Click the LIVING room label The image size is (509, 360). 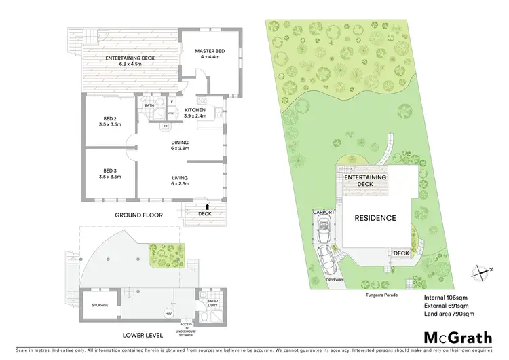[179, 181]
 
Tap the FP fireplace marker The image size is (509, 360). [165, 126]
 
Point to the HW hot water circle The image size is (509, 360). [168, 313]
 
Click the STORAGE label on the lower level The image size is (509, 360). [100, 305]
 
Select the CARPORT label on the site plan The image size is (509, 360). [324, 213]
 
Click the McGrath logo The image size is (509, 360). [458, 337]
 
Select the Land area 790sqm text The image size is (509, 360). [449, 314]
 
